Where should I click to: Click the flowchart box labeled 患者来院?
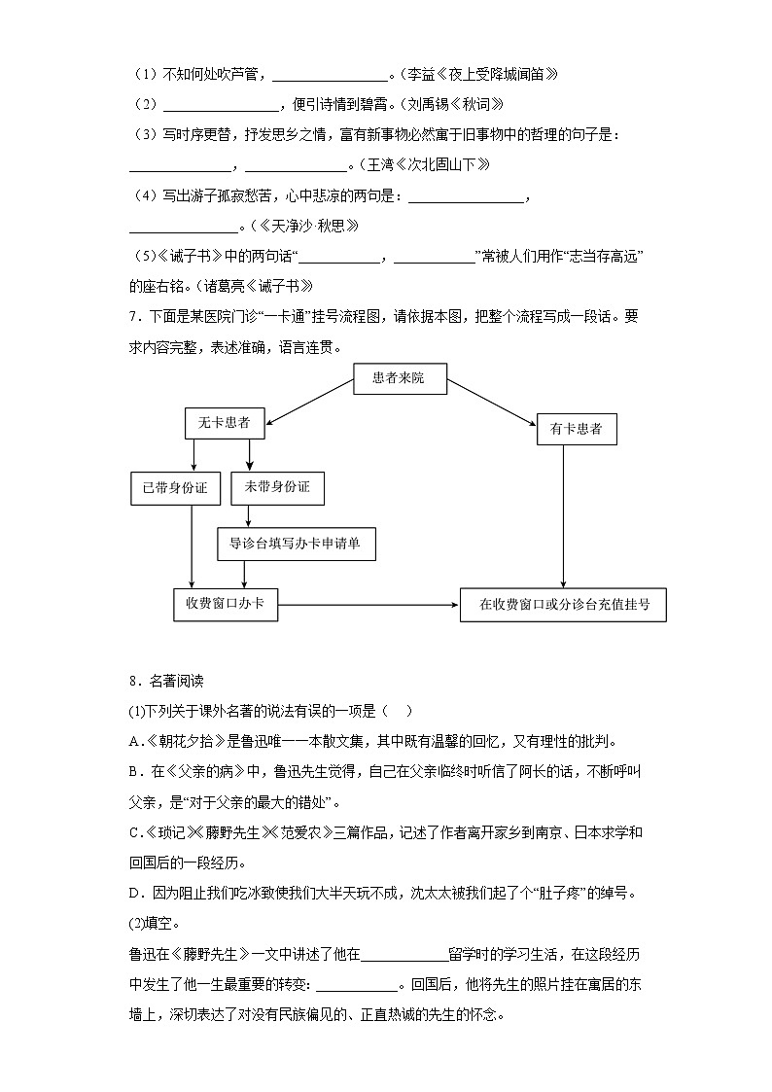point(399,377)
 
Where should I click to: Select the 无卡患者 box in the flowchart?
point(224,422)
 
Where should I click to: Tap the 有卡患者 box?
point(577,429)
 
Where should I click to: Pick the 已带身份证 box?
point(176,487)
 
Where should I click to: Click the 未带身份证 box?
point(277,487)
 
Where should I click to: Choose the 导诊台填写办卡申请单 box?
point(296,544)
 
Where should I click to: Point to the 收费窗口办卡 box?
point(225,604)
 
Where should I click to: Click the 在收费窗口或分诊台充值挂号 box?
point(564,604)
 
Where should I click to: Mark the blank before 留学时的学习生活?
point(404,954)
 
